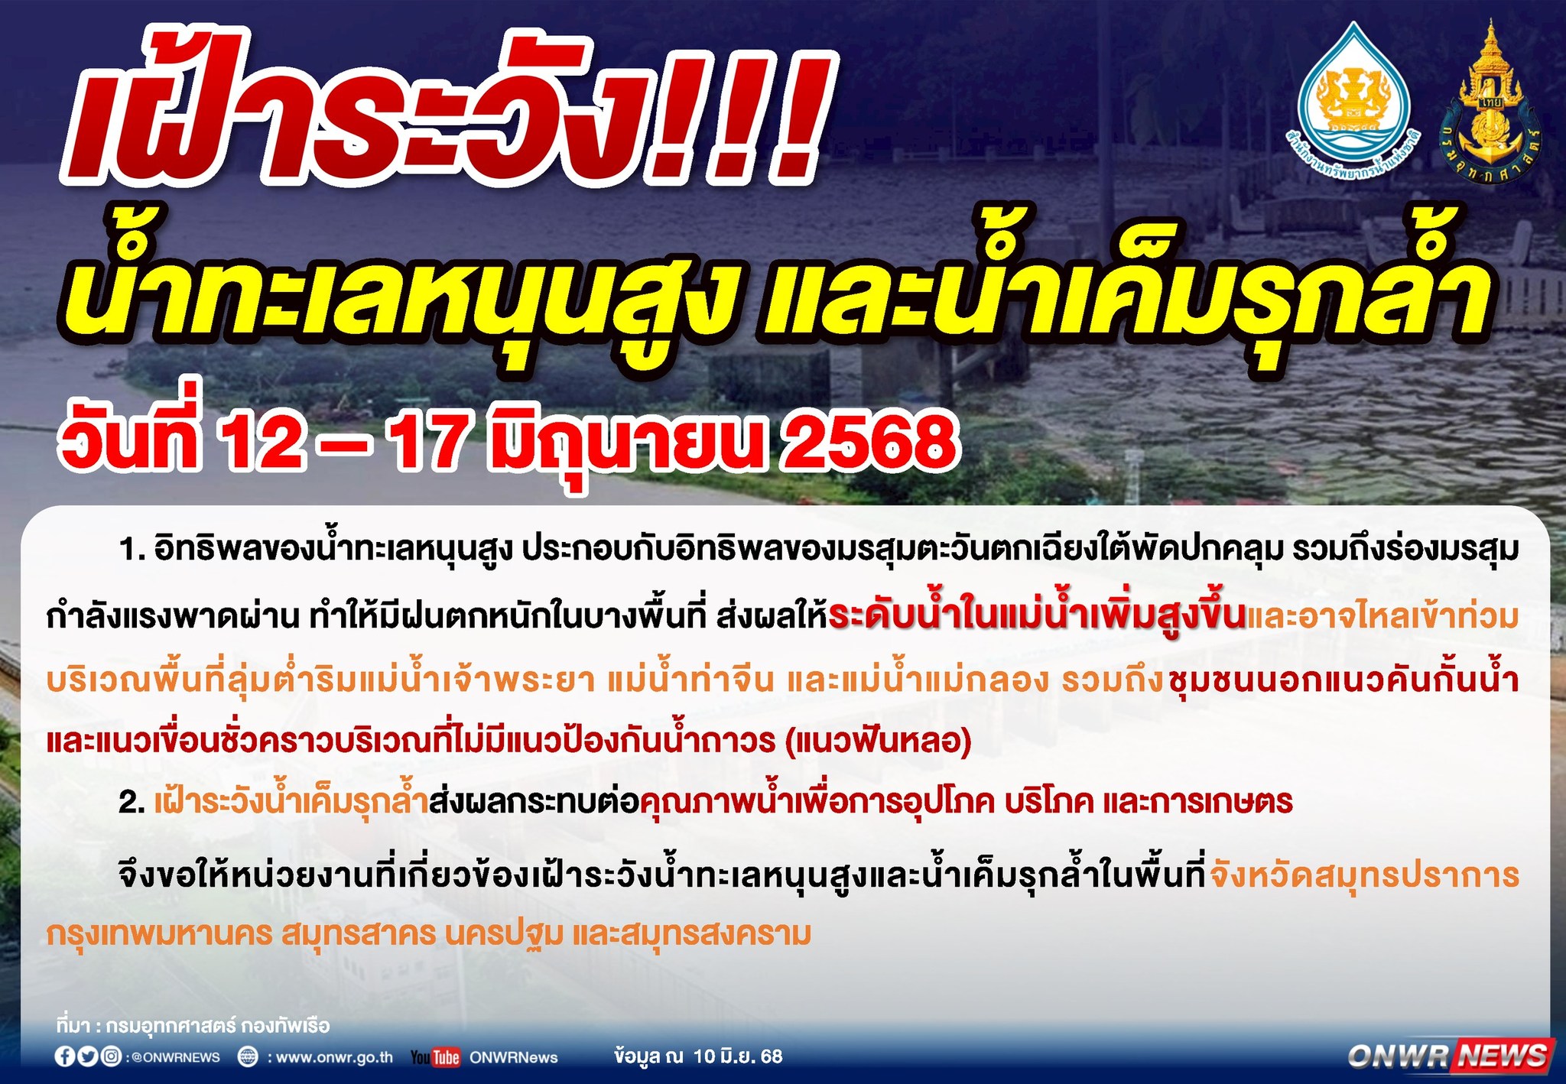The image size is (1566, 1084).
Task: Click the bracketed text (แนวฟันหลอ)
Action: coord(879,741)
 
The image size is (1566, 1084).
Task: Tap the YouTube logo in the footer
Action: coord(435,1057)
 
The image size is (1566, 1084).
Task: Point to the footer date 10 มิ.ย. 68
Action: coord(738,1056)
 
